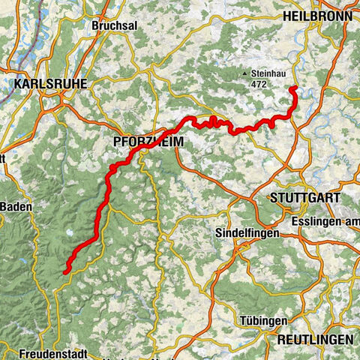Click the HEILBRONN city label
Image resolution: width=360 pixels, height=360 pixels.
tap(316, 15)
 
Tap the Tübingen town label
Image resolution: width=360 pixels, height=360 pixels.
tap(263, 320)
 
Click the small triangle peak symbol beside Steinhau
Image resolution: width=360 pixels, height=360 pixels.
tap(245, 73)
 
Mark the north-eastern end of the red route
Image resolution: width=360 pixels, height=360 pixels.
tap(291, 89)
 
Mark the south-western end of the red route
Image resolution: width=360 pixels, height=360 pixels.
tap(65, 271)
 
